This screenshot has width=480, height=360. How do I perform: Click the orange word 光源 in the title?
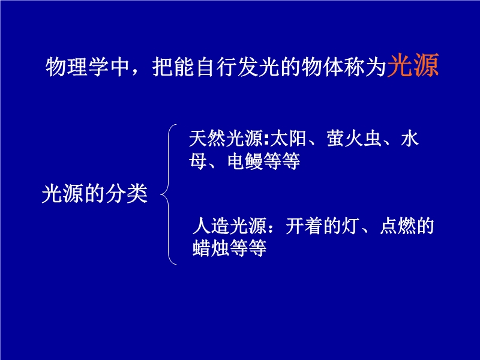413,65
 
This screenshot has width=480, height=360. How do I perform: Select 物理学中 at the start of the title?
87,67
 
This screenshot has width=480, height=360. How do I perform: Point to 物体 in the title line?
322,67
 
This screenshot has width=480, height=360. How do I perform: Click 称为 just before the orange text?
364,67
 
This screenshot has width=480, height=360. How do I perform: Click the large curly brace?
169,194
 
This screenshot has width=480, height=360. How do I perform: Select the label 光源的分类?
95,194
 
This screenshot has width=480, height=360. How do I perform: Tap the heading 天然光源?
226,139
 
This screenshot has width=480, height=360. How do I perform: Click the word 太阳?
288,139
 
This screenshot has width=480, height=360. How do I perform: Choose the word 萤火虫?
354,139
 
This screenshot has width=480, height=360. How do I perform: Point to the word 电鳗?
245,161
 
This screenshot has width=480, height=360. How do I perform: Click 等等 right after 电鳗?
281,161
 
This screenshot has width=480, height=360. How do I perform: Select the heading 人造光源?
229,226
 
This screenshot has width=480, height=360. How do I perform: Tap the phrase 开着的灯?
322,226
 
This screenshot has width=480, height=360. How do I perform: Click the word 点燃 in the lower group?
398,226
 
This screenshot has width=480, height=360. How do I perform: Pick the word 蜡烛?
211,248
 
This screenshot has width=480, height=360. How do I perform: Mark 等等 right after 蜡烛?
248,248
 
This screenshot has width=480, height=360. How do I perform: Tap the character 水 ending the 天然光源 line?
410,139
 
